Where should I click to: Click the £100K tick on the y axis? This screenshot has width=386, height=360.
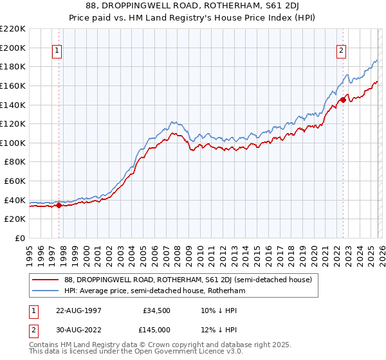(x=13, y=143)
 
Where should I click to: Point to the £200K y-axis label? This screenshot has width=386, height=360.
(x=13, y=48)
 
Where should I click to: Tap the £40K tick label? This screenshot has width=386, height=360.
(x=15, y=200)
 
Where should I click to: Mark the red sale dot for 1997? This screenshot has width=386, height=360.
(x=59, y=206)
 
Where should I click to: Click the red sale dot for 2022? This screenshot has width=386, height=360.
(x=343, y=100)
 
